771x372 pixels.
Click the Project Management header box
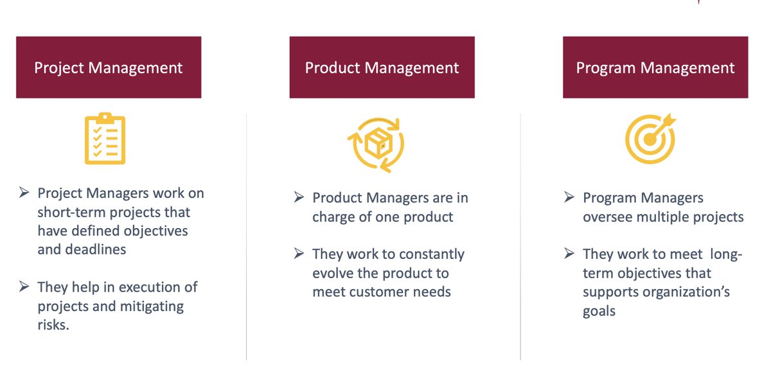click(109, 67)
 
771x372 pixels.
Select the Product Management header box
click(382, 67)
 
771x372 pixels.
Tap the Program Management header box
click(655, 67)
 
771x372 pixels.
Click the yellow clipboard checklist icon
click(105, 139)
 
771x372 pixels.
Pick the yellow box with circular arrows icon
click(376, 144)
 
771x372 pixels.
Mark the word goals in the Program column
click(599, 311)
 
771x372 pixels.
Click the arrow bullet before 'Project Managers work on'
click(24, 193)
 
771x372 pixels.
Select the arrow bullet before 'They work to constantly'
click(299, 254)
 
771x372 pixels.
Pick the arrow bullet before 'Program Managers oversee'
click(569, 198)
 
